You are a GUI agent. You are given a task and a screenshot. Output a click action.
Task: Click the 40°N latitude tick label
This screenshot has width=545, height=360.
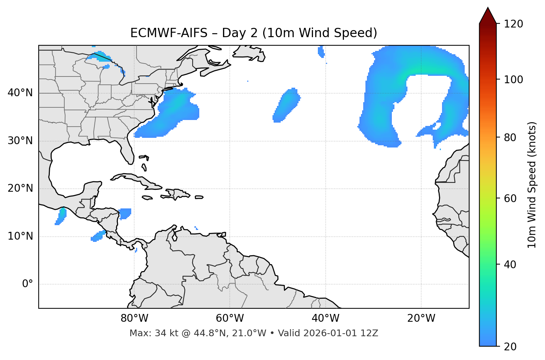point(20,93)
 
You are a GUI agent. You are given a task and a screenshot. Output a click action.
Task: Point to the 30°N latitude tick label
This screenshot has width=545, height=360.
point(20,141)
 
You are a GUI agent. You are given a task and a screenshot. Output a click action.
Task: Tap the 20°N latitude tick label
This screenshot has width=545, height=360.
point(20,188)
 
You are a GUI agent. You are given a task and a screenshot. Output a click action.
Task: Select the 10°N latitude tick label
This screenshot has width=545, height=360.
point(20,236)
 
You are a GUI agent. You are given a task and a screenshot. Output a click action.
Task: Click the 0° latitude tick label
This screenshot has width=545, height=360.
point(28,284)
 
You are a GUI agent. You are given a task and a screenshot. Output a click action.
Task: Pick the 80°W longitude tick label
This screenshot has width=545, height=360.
point(134,318)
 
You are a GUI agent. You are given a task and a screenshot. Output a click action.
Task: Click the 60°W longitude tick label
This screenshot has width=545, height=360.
point(230,318)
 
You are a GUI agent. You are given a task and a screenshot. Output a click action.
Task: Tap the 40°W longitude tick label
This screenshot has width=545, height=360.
point(325,318)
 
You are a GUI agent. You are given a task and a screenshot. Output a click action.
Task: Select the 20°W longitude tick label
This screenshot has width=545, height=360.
point(421,318)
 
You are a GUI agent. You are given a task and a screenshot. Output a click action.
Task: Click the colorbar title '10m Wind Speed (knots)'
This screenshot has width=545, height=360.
point(532,185)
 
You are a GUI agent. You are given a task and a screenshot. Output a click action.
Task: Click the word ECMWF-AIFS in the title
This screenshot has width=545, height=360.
point(168,33)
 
